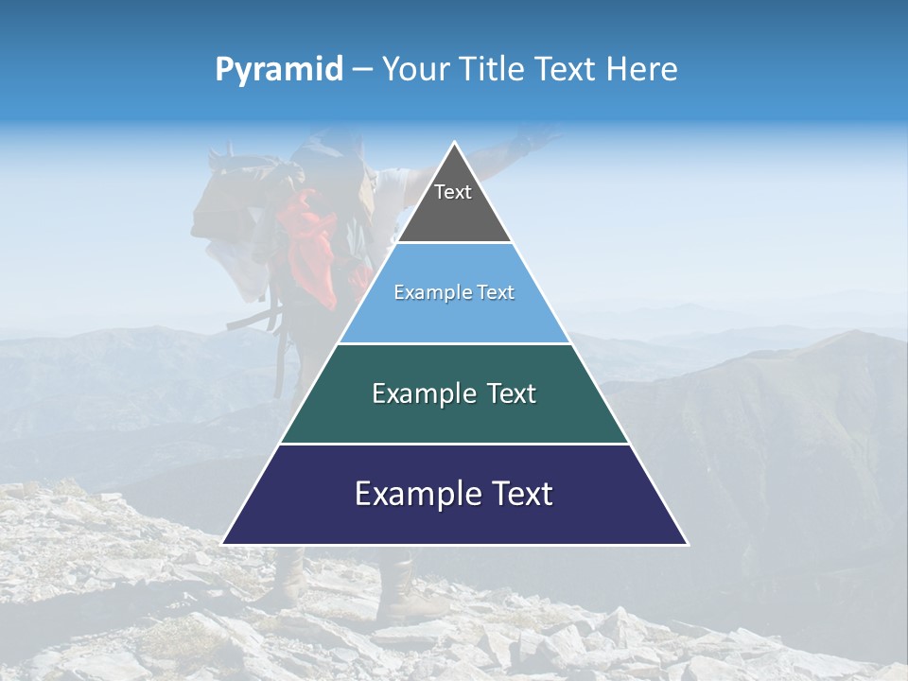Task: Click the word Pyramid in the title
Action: tap(279, 70)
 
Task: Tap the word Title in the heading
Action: tap(495, 70)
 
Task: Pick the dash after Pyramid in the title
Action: tap(361, 70)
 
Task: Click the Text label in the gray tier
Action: tap(453, 192)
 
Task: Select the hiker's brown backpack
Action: tap(227, 199)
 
